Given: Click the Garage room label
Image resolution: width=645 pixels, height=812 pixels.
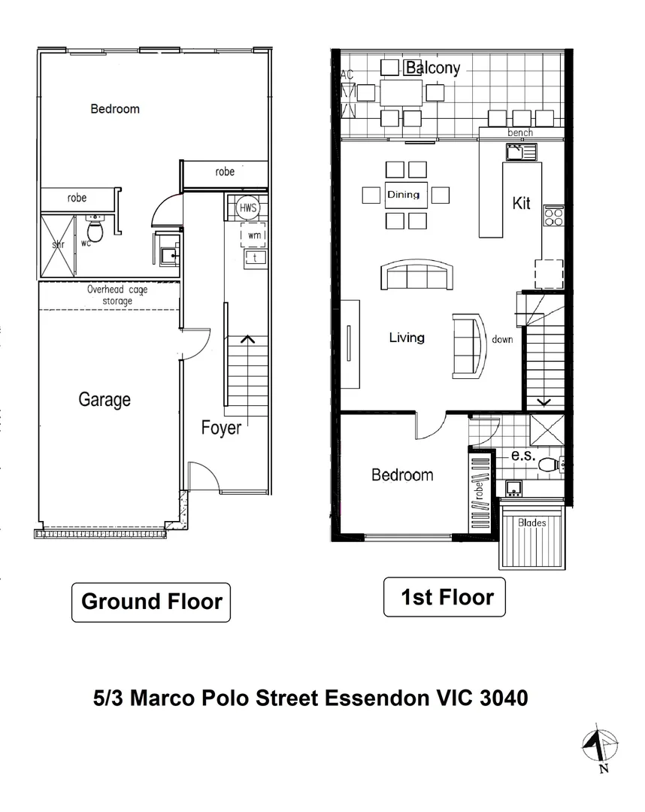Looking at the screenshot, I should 104,399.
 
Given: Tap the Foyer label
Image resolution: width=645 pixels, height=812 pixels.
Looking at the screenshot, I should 221,428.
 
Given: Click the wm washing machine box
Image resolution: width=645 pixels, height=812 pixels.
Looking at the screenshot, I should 253,235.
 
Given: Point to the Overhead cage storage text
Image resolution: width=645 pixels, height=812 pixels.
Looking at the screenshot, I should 117,295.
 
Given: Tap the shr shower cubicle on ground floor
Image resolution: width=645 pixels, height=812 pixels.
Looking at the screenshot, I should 58,245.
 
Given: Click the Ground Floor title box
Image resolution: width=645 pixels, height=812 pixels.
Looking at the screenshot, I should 151,601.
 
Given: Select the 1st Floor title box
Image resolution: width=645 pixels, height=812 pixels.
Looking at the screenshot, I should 447,597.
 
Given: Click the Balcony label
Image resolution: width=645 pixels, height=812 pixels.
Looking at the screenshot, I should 432,68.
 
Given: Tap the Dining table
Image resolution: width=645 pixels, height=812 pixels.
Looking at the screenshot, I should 406,195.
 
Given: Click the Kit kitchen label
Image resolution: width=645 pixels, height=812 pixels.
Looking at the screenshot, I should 521,203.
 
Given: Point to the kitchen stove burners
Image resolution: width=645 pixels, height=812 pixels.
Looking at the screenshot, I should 553,217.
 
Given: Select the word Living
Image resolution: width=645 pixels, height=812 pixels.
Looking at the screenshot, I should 407,338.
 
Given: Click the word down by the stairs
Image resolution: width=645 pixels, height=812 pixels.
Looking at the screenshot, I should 502,340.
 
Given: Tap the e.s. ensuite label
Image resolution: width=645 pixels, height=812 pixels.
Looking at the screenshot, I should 522,456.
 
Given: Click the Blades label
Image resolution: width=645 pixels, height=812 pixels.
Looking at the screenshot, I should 532,522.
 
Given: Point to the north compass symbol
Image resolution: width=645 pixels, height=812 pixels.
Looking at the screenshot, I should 599,748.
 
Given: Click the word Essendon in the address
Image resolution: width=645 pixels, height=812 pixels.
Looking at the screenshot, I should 377,698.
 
